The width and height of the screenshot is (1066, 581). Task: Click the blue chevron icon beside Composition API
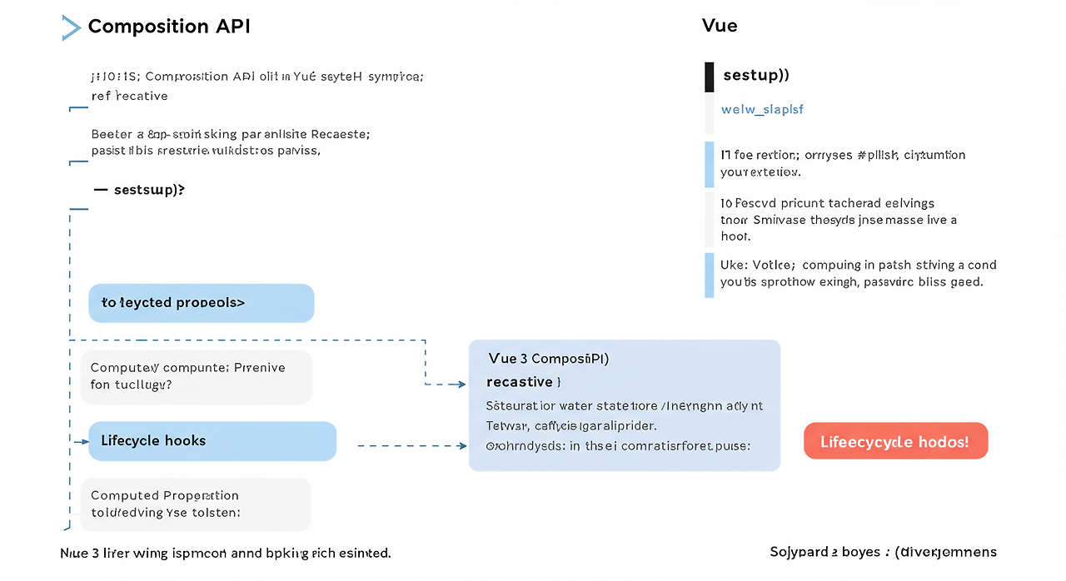click(72, 27)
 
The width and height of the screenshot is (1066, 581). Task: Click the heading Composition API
click(169, 27)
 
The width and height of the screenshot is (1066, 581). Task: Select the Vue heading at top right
click(720, 25)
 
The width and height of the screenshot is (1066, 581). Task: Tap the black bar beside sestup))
click(709, 76)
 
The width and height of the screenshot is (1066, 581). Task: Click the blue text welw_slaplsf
click(761, 109)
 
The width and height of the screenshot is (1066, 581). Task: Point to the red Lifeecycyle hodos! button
click(895, 441)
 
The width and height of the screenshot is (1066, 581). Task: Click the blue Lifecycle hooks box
click(212, 441)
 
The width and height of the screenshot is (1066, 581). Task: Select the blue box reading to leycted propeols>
click(201, 303)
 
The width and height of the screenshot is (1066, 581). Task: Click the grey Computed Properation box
click(196, 504)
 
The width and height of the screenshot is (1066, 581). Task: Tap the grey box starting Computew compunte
click(196, 376)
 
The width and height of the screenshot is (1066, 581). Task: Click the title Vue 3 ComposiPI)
click(548, 359)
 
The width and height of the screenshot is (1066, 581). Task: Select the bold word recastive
click(521, 382)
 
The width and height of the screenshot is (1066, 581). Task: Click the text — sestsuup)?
click(139, 190)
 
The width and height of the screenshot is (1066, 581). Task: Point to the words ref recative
click(129, 96)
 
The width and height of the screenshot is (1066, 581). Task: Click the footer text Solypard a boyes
click(883, 552)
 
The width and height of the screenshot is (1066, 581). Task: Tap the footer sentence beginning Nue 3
click(226, 553)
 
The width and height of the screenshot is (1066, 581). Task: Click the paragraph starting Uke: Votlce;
click(858, 274)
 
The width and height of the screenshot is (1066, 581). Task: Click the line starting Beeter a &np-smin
click(231, 133)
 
